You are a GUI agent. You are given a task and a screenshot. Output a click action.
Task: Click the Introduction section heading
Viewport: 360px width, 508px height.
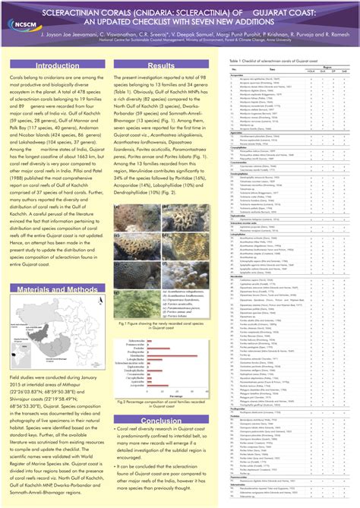point(57,67)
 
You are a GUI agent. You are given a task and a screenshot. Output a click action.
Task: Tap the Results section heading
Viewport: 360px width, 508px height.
point(162,67)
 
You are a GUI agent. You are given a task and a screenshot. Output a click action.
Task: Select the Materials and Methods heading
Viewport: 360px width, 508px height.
point(57,269)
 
